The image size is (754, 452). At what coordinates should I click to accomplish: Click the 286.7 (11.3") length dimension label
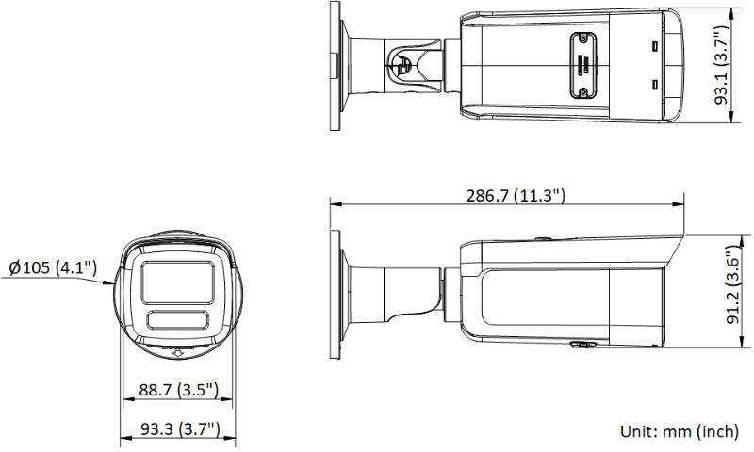(516, 196)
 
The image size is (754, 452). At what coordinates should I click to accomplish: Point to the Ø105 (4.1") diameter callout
(53, 268)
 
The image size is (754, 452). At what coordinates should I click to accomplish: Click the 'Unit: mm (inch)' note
(679, 431)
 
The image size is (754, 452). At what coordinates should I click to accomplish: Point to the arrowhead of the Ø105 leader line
(113, 282)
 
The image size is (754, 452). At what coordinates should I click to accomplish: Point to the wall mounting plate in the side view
(335, 293)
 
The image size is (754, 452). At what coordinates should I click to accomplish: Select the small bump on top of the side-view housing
(542, 239)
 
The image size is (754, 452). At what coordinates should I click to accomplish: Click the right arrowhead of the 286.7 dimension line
(680, 202)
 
